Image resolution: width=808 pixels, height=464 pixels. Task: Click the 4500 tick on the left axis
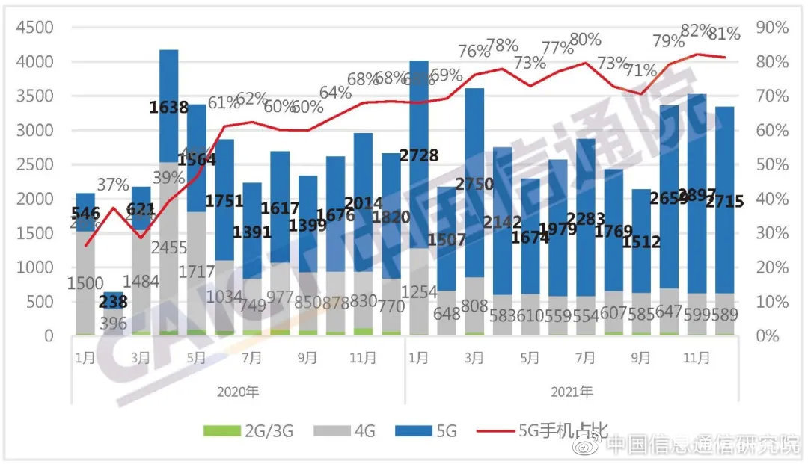tap(34, 28)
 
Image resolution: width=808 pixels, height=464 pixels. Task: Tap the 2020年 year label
tap(239, 391)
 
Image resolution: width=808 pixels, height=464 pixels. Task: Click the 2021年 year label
tap(572, 391)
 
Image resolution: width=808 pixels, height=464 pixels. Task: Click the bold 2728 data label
tap(418, 155)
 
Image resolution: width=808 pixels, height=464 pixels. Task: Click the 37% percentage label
tap(113, 185)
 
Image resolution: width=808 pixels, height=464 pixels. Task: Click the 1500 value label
tap(85, 284)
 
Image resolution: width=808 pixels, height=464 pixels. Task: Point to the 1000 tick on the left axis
tap(34, 267)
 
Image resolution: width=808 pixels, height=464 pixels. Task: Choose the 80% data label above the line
tap(585, 40)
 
